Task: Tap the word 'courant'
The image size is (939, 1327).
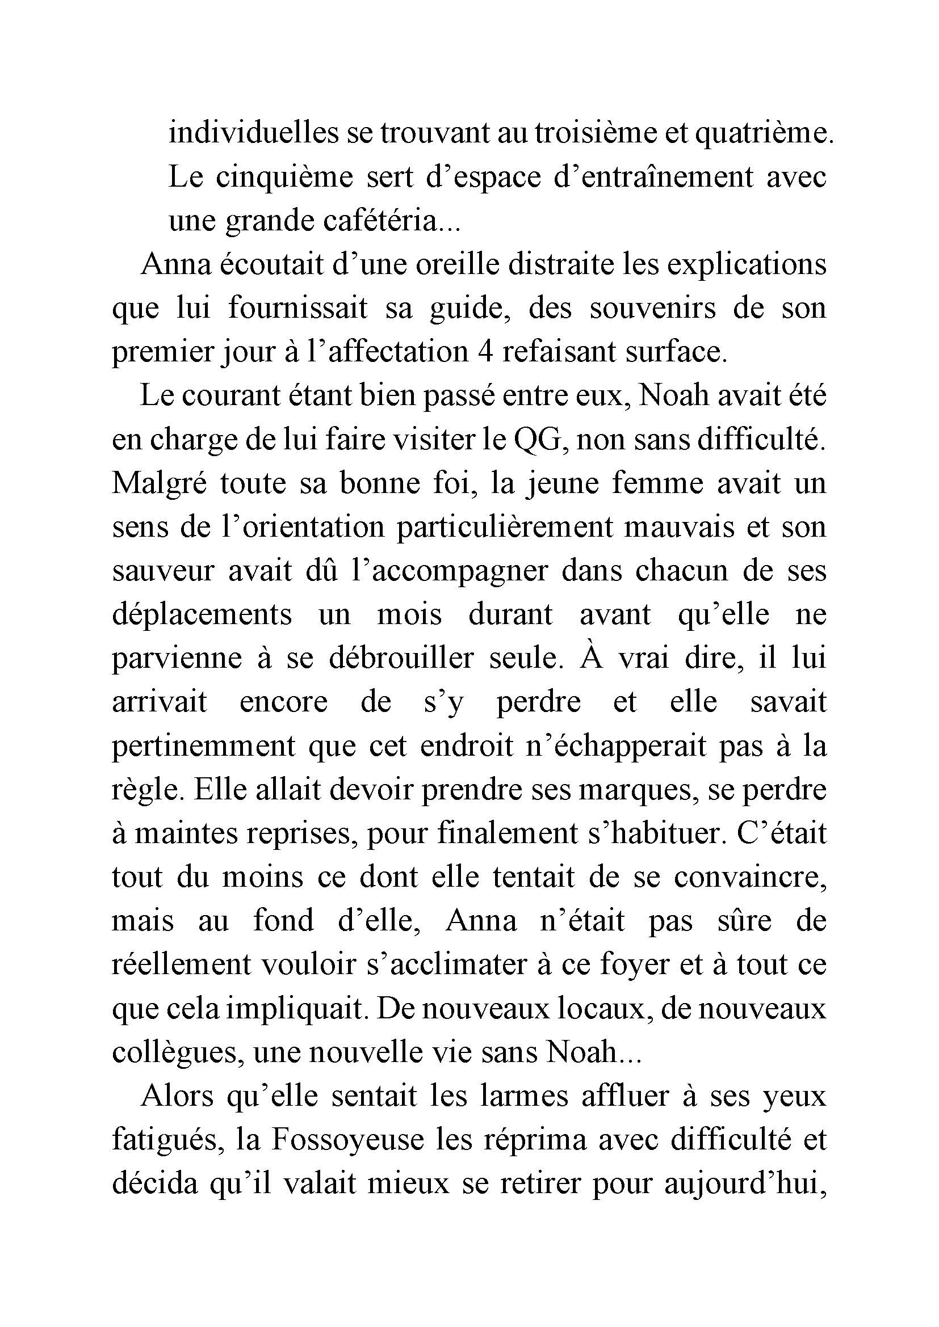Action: tap(250, 396)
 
